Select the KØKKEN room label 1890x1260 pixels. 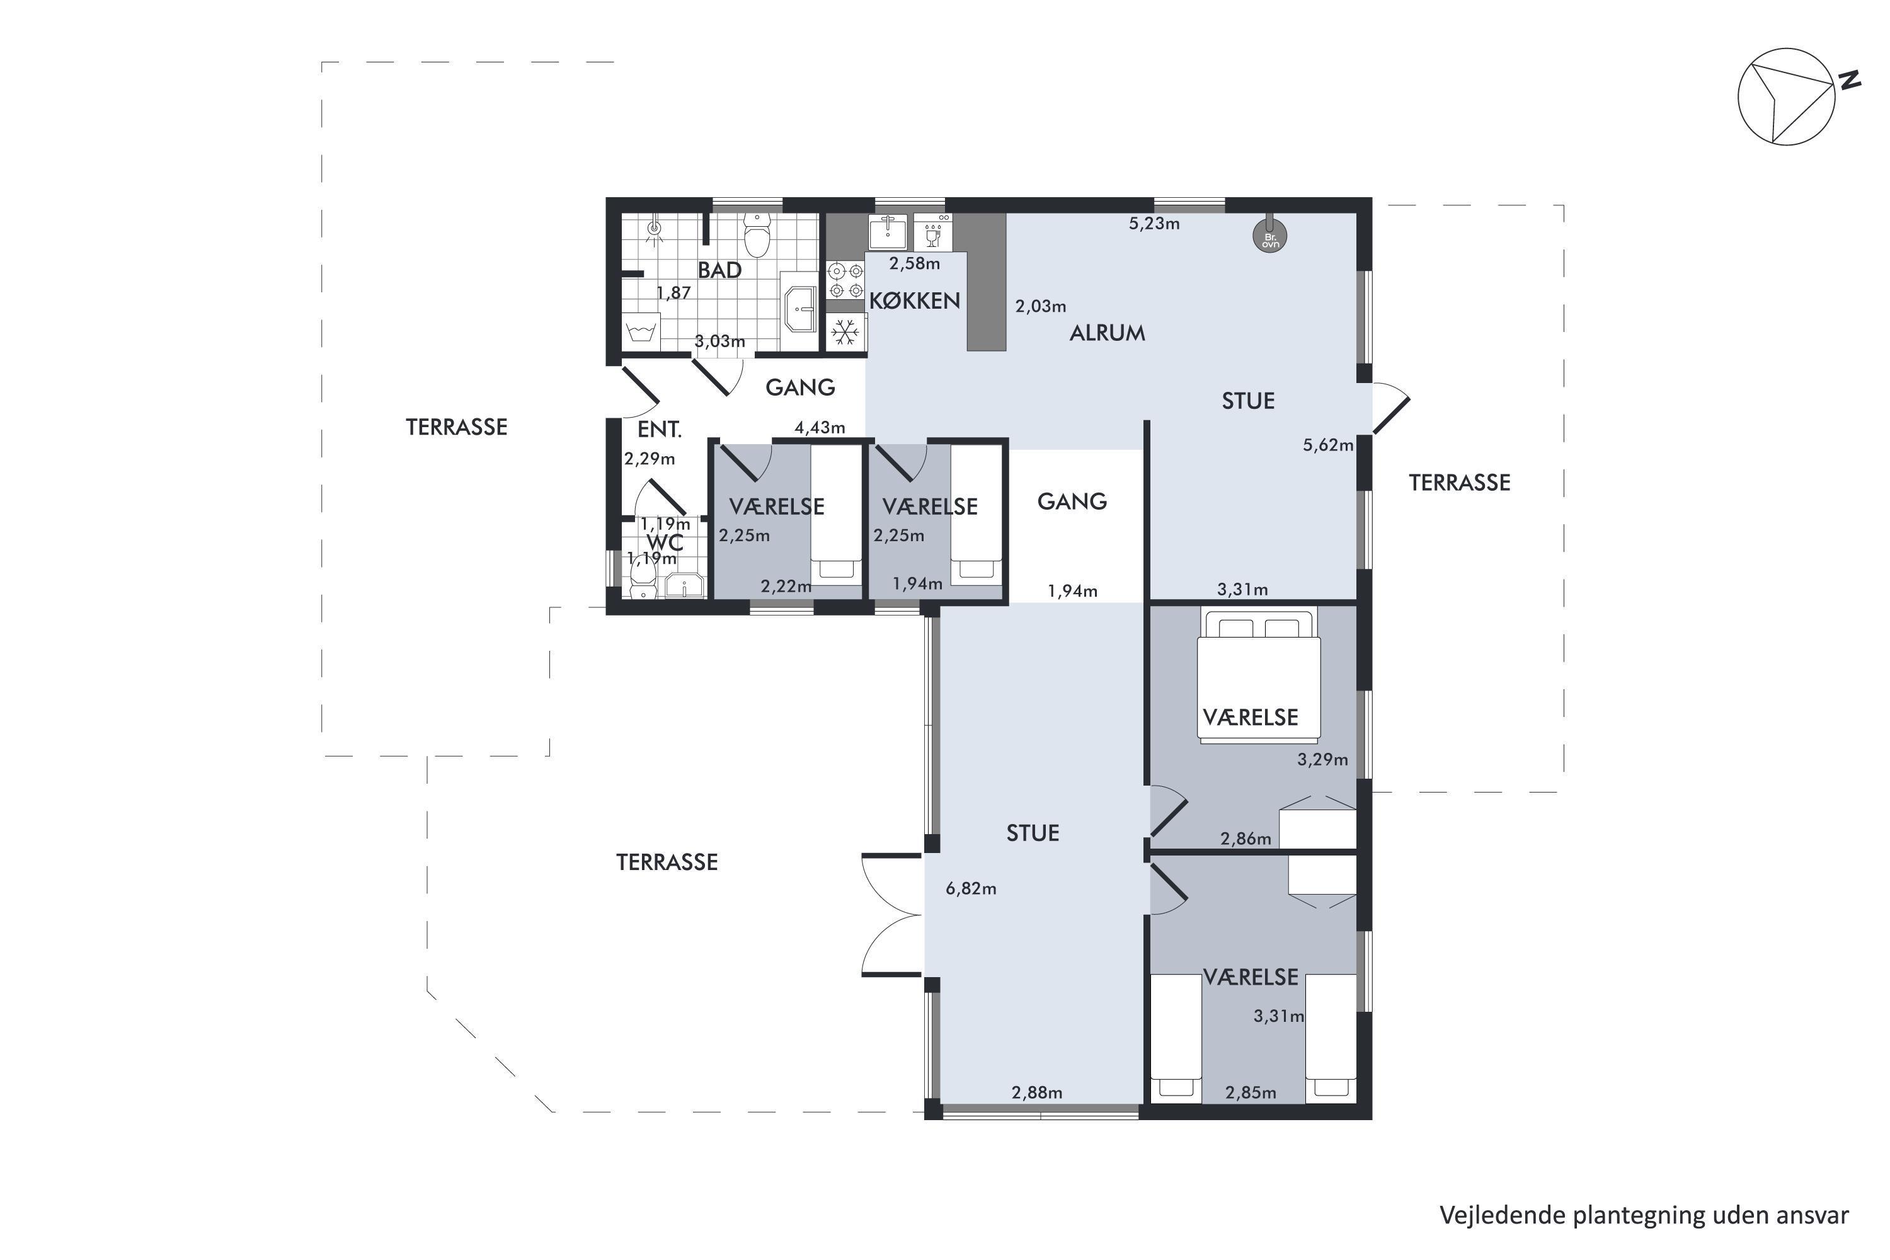(x=915, y=301)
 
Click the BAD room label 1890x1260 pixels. (x=719, y=270)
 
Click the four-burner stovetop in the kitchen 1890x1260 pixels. (x=845, y=280)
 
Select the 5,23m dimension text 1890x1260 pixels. (x=1154, y=224)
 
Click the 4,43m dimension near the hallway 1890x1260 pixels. (x=820, y=428)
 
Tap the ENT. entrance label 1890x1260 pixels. (x=659, y=430)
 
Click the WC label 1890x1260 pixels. (x=665, y=542)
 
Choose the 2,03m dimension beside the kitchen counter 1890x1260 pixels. (x=1041, y=306)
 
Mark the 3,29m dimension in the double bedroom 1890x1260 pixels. (x=1322, y=759)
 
